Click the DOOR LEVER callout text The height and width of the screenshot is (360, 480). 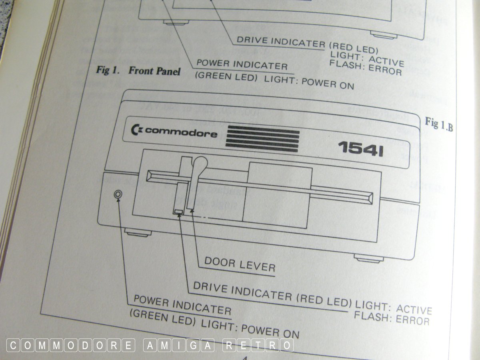click(240, 264)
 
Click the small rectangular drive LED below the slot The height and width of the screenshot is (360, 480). click(178, 211)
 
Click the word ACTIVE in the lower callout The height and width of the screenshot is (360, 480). click(414, 310)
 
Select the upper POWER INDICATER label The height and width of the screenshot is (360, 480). click(242, 64)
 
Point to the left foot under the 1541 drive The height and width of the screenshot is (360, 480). click(138, 232)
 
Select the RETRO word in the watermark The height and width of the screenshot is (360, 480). click(259, 345)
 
